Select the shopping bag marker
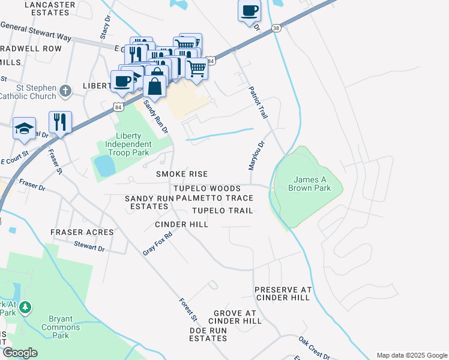[x=155, y=86]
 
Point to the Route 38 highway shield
[x=276, y=28]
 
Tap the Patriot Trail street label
[x=257, y=101]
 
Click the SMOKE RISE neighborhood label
[x=182, y=174]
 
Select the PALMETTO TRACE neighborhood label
[x=214, y=198]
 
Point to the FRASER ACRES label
[x=82, y=232]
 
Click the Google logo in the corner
[x=20, y=353]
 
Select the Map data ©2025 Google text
[x=411, y=355]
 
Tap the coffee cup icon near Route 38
[x=249, y=10]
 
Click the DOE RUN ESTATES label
[x=208, y=334]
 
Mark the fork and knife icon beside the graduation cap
[x=60, y=122]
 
